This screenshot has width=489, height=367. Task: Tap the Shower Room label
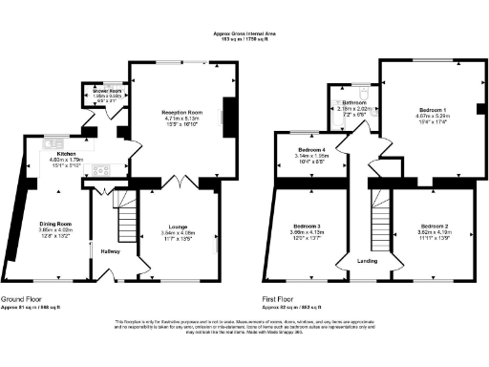93,92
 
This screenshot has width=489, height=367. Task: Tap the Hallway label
111,251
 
